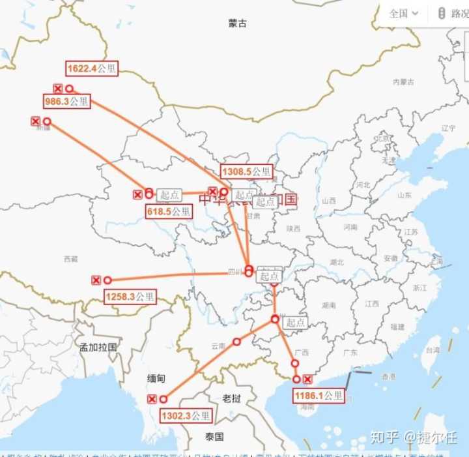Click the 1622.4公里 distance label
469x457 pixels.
click(92, 68)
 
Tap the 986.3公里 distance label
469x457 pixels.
click(67, 101)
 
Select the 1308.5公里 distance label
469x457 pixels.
click(246, 172)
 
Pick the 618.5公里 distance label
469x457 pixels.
click(168, 211)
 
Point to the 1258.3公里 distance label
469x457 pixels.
click(130, 297)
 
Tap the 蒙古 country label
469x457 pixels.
click(238, 23)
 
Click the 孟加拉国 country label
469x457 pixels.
click(98, 347)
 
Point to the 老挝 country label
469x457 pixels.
click(231, 398)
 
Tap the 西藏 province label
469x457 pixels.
click(70, 259)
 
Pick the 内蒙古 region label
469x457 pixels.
click(404, 82)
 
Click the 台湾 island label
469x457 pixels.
click(431, 350)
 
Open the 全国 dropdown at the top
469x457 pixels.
click(403, 13)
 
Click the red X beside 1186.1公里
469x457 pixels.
click(307, 379)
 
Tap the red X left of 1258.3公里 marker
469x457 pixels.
click(96, 280)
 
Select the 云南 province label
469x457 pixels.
click(218, 345)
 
